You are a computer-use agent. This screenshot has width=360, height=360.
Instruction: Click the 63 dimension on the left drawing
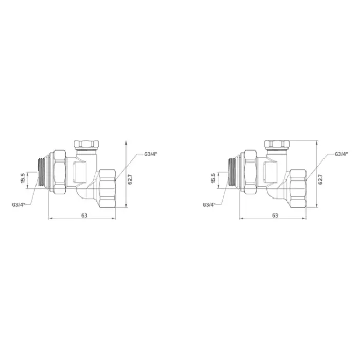click(84, 215)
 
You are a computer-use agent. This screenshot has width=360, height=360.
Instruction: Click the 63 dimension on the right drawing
click(275, 215)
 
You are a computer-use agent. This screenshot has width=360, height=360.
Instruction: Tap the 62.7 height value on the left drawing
click(130, 179)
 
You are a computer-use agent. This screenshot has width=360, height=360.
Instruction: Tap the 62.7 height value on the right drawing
click(320, 179)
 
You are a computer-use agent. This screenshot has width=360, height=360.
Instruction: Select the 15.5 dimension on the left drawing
click(23, 178)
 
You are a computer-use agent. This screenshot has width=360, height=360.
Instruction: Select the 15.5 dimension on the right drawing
click(213, 178)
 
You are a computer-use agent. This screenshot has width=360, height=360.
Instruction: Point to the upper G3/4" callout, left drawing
click(150, 154)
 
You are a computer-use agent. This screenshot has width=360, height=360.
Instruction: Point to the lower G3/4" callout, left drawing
click(19, 204)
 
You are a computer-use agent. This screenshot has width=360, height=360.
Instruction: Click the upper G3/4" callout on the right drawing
click(341, 154)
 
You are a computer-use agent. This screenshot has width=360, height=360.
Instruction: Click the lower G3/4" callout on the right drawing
click(209, 204)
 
